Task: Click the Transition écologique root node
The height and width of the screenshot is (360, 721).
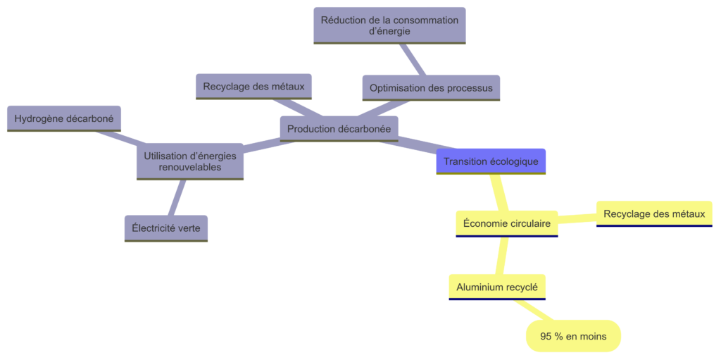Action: click(x=491, y=161)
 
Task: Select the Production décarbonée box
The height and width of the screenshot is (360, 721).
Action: click(x=339, y=128)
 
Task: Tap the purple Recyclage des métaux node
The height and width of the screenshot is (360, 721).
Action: click(x=253, y=87)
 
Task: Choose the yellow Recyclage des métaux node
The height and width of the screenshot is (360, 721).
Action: click(x=654, y=213)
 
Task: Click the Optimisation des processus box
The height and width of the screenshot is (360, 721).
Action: click(x=431, y=88)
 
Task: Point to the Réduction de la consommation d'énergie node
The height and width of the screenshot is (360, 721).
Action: click(x=389, y=25)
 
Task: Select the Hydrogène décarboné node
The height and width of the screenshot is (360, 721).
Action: click(x=64, y=118)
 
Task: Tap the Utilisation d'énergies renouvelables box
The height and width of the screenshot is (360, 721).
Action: click(x=189, y=161)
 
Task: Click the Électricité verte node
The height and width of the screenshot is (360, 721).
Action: click(x=166, y=228)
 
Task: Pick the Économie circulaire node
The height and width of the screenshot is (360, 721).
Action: click(x=506, y=223)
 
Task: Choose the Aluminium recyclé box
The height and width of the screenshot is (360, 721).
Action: click(x=496, y=287)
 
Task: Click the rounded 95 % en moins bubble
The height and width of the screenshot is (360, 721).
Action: click(x=573, y=336)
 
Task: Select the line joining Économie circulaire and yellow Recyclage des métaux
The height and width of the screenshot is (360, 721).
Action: click(x=577, y=218)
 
